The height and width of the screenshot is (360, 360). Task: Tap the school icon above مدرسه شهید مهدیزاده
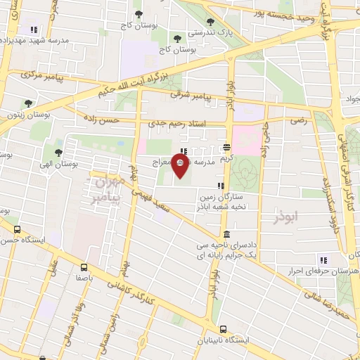pyautogui.click(x=33, y=30)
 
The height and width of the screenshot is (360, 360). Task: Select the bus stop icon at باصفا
pyautogui.click(x=84, y=267)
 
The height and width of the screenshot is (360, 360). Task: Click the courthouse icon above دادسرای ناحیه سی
pyautogui.click(x=225, y=233)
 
